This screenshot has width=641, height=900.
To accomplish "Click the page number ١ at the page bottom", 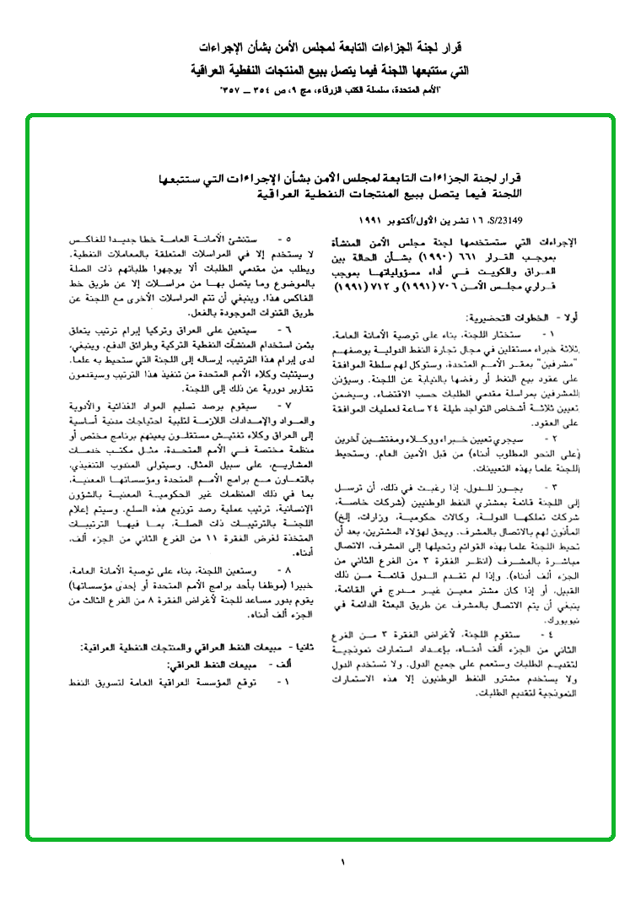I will coord(343,861).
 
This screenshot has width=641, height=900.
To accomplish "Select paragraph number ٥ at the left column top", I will coord(285,240).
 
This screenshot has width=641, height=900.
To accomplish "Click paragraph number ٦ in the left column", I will coord(285,327).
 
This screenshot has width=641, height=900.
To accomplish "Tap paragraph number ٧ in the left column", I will coord(285,407).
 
